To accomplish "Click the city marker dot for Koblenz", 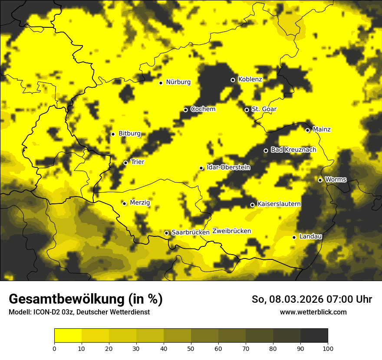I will point(233,80).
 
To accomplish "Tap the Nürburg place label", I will point(178,82).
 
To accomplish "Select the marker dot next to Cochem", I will point(185,110).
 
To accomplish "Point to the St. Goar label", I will point(264,109).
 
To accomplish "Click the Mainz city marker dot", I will point(307,130).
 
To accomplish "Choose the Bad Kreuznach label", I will point(293,150).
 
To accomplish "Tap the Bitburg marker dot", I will point(113,134).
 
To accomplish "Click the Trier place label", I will point(137,162).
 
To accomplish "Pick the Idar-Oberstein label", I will point(228,167).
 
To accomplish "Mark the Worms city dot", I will point(320,180).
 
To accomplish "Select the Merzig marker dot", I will point(124,203).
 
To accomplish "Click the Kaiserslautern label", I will point(279,204).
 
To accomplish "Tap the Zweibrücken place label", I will point(231,231).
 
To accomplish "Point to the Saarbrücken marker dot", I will point(166,233).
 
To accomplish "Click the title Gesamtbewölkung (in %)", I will point(86,299).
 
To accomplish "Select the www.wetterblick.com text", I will point(313,312).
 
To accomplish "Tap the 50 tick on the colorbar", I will point(191,348).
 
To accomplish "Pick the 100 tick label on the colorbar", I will point(328,348).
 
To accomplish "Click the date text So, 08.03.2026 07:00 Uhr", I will point(312,299).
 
